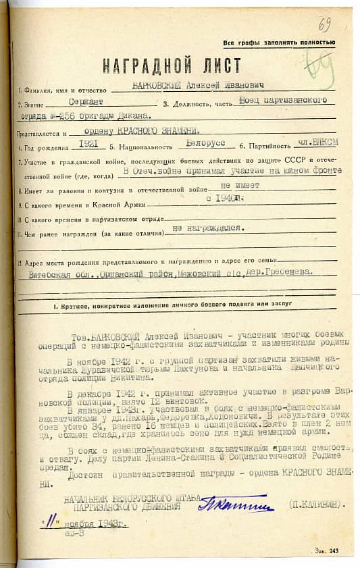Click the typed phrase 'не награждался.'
point(208,228)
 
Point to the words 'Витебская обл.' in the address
point(60,274)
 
